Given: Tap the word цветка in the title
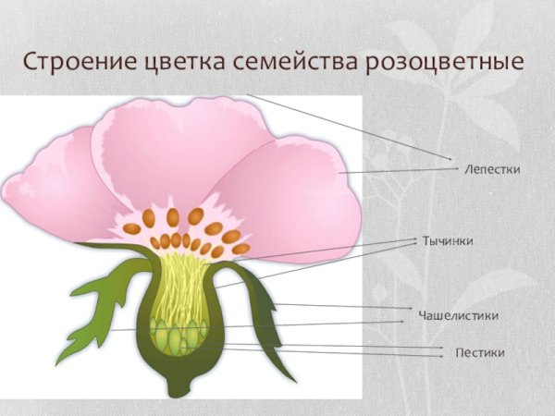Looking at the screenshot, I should click(177, 65).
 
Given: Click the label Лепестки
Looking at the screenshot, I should click(492, 170).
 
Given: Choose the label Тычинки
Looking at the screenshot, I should click(448, 240).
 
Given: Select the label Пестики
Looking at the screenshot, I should click(480, 352).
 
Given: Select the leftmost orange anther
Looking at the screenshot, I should click(131, 228).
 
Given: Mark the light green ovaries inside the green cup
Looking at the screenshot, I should click(176, 335).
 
